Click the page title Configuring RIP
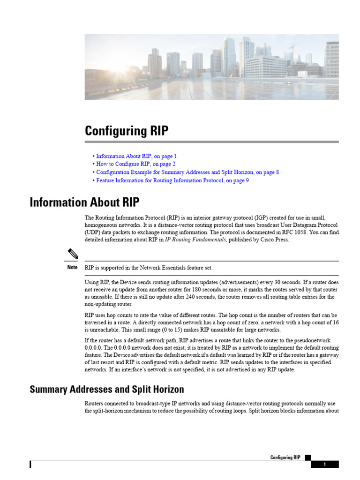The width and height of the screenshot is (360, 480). coord(126,131)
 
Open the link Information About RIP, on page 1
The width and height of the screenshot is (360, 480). coord(136,156)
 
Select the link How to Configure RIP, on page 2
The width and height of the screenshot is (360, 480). coord(135,164)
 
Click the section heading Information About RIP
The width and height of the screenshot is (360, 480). coord(84,202)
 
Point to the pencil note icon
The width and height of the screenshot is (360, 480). coord(72,254)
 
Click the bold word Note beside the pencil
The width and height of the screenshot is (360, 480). coord(72,268)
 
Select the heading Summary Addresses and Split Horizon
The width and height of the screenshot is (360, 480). coord(107,390)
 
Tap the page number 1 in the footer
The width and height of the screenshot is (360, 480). coord(324,465)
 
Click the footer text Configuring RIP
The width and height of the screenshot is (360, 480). coord(285,457)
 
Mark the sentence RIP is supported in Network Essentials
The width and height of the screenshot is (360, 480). coord(149,268)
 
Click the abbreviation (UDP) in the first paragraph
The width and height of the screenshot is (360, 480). coord(93,232)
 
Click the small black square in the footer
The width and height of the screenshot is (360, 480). coord(307,457)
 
